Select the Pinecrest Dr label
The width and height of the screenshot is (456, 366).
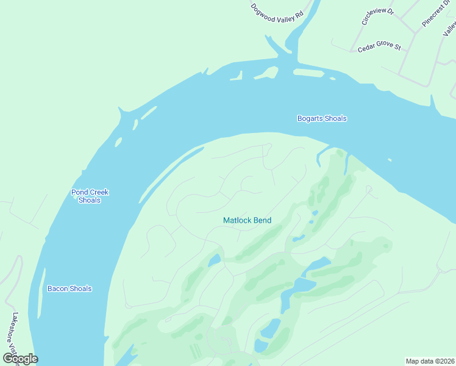(435, 13)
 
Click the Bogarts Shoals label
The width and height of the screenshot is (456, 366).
(322, 118)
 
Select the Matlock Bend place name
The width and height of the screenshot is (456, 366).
(247, 220)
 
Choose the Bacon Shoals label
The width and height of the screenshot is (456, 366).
(69, 289)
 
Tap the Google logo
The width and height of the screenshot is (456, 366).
(20, 358)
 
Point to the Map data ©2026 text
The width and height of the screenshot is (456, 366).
(430, 361)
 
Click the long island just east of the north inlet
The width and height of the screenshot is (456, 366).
(308, 73)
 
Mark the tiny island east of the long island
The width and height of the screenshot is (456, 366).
(332, 79)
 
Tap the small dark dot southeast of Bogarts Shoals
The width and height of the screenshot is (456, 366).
(390, 160)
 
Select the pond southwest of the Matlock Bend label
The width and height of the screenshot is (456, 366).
(214, 260)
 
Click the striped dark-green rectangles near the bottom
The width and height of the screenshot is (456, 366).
(194, 351)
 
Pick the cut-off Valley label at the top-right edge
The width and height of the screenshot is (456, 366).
(450, 27)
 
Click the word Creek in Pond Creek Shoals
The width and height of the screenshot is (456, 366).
(98, 192)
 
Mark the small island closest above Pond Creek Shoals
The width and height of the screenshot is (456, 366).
(117, 143)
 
